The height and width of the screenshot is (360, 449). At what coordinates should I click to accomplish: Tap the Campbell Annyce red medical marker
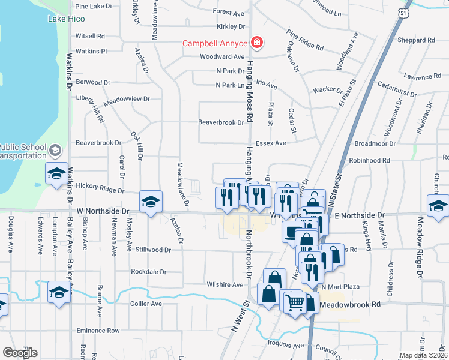tap(257, 42)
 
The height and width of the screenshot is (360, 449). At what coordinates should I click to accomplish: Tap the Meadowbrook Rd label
tap(350, 305)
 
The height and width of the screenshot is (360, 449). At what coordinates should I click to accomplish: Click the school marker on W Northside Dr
tap(151, 202)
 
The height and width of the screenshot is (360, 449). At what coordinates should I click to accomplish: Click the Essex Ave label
tap(271, 143)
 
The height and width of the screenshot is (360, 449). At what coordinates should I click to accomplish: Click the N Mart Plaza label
tap(339, 287)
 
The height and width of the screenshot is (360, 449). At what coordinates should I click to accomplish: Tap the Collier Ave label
tap(146, 304)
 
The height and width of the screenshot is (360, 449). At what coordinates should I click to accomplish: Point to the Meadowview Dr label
tap(126, 98)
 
